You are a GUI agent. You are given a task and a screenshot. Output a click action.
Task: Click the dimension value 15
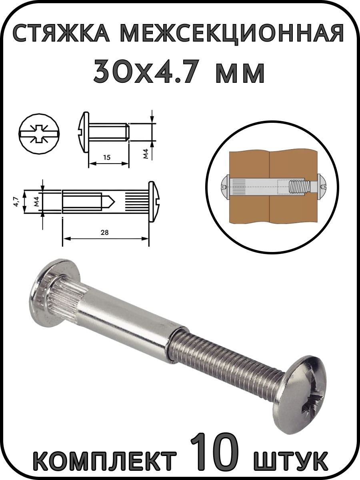click(107, 157)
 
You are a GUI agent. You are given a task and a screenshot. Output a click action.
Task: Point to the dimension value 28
click(105, 232)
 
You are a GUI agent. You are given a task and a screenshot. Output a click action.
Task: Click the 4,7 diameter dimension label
click(18, 202)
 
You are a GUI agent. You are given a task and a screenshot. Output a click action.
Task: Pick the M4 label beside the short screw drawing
click(146, 154)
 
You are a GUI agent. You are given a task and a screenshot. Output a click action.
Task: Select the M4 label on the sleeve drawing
click(36, 202)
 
